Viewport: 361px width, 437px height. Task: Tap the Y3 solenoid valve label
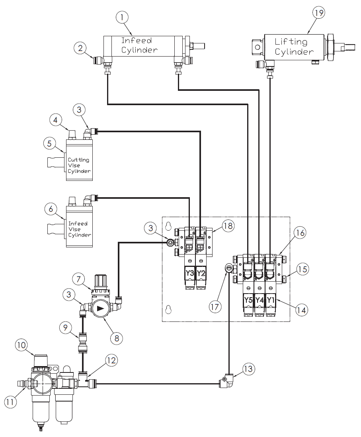[190, 274]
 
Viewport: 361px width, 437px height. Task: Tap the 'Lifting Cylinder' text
[291, 47]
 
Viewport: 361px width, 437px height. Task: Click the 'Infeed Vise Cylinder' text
[79, 229]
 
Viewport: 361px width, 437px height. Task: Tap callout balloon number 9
[65, 328]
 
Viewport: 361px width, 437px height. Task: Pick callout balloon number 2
[80, 49]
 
